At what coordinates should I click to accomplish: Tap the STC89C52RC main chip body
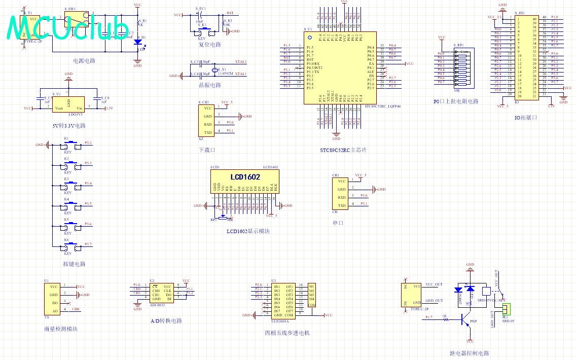click(340, 68)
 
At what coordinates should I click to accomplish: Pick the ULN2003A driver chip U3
click(283, 300)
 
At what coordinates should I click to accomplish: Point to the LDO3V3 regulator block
click(68, 104)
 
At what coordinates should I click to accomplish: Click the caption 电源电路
click(84, 61)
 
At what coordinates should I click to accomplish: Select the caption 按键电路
click(74, 264)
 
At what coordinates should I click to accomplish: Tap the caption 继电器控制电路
click(469, 353)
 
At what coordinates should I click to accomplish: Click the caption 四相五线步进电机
click(286, 333)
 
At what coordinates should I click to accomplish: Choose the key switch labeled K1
click(72, 146)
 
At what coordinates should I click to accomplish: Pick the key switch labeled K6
click(72, 247)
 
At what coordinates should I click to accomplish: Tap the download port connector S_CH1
click(207, 120)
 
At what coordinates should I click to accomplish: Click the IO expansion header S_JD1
click(527, 57)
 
